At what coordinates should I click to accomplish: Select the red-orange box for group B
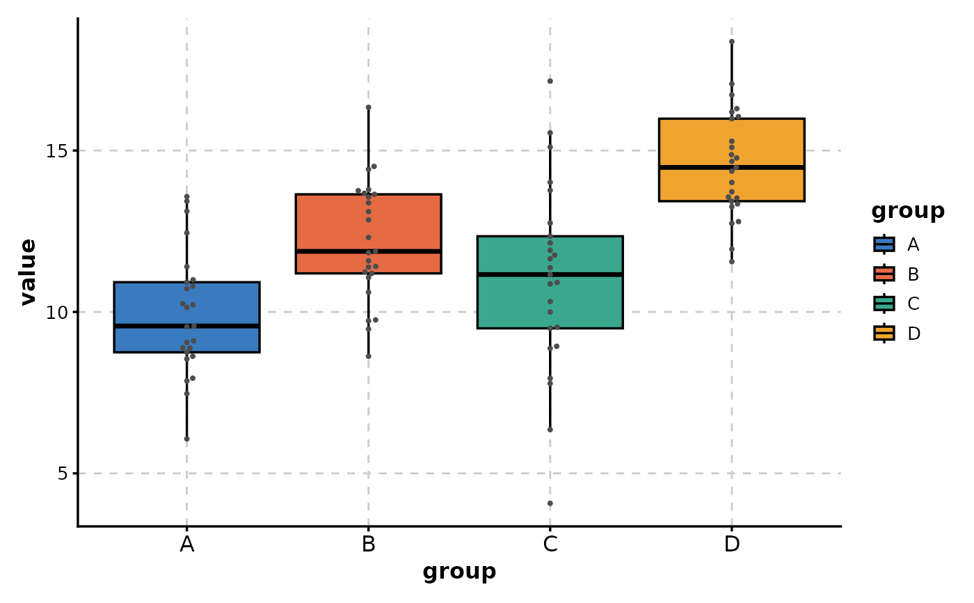tap(404, 223)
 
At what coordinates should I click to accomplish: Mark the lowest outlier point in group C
tap(550, 503)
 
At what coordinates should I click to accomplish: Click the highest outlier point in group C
tap(550, 81)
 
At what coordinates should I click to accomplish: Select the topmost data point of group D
tap(732, 42)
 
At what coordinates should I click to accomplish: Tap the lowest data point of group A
tap(186, 439)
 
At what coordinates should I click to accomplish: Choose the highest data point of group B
tap(369, 107)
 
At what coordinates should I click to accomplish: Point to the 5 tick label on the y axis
tap(63, 473)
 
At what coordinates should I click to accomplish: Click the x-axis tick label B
tap(369, 545)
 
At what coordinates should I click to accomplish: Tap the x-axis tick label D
tap(732, 545)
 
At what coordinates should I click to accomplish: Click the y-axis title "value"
tap(28, 272)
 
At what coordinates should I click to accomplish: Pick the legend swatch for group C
tap(884, 304)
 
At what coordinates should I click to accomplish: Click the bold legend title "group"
tap(908, 211)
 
